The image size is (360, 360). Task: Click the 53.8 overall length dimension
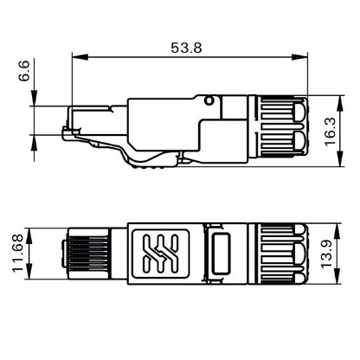[186, 48]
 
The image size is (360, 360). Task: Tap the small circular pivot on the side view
[209, 102]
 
